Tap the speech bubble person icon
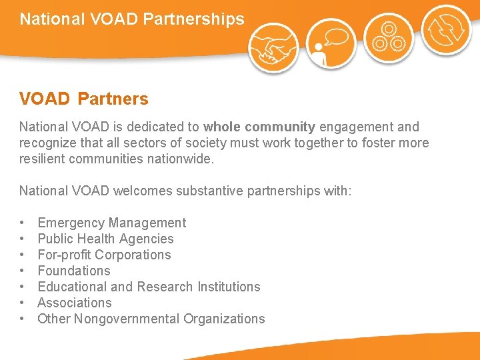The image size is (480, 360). (331, 43)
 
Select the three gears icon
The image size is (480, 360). (389, 37)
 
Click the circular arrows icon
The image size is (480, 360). (446, 30)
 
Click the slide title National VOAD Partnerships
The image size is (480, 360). (132, 19)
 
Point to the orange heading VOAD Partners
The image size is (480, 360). (84, 99)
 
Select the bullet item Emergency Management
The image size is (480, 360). (112, 223)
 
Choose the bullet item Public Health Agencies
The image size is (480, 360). (105, 239)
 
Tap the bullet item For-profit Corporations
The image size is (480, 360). (104, 255)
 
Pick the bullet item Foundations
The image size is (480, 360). (74, 271)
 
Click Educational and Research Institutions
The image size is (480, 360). (149, 287)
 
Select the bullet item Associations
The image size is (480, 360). (75, 303)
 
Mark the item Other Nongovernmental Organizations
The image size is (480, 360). (151, 319)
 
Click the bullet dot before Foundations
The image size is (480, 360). (23, 271)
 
